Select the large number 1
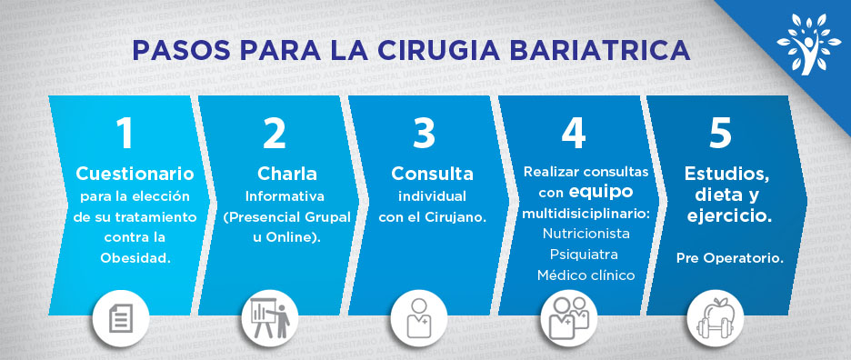coord(125,133)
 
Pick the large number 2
coord(274,133)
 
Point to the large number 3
coord(424,133)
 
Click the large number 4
coord(574,133)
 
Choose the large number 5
coord(720,133)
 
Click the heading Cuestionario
coord(135,174)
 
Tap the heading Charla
coord(287,174)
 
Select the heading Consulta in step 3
coord(432,174)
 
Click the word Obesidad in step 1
coord(135,258)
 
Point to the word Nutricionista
coord(586,234)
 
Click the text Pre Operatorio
coord(730,259)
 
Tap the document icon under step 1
coord(121,318)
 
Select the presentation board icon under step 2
coord(269,318)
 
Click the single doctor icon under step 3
coord(418,318)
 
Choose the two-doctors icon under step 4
coord(569,318)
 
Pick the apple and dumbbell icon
coord(715,318)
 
